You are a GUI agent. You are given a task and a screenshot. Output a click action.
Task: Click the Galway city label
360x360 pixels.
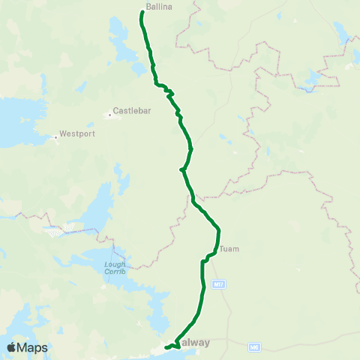(196, 343)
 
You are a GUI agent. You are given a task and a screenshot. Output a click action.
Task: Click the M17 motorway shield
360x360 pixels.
(218, 285)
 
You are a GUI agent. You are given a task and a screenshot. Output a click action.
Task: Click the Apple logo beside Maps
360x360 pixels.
(13, 347)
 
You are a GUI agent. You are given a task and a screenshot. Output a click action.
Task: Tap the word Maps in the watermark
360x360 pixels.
(34, 347)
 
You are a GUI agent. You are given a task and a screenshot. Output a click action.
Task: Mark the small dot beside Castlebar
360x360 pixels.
(109, 115)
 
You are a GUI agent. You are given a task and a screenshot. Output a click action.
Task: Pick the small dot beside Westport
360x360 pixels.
(56, 137)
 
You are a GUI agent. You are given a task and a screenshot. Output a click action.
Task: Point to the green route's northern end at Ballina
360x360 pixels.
(142, 11)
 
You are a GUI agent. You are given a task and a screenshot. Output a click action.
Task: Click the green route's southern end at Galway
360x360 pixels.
(166, 346)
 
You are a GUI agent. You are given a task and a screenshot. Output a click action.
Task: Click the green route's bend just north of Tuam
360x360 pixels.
(218, 229)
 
